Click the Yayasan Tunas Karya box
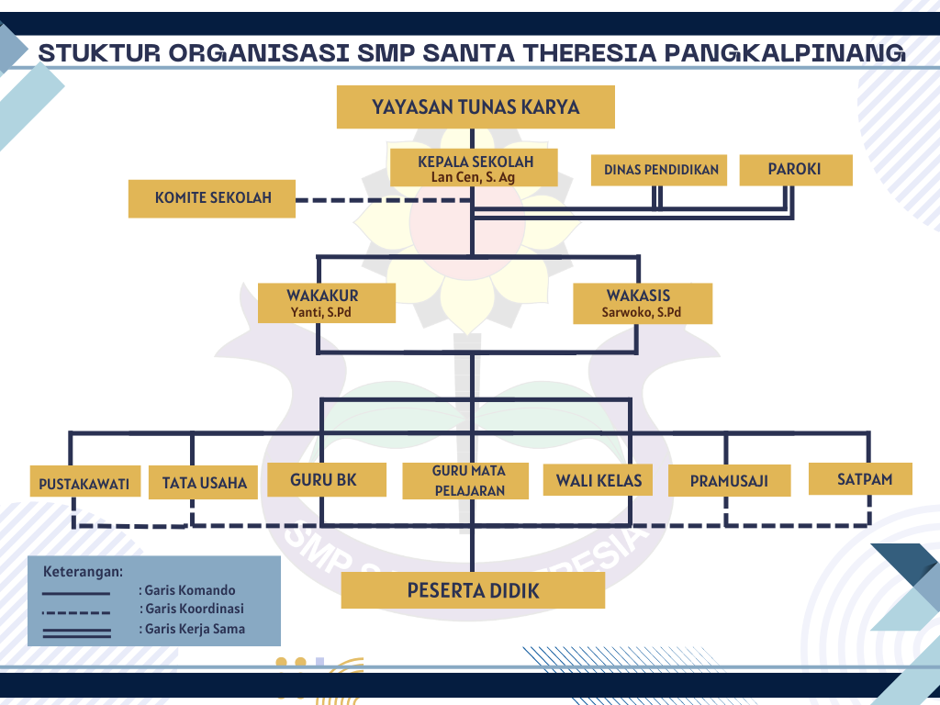476,107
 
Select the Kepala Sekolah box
476,168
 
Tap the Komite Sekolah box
212,198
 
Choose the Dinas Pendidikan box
660,170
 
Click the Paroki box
794,169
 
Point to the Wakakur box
327,303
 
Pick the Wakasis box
643,303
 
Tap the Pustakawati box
84,483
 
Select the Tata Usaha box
204,482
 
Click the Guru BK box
325,479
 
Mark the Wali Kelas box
598,479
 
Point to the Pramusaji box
729,480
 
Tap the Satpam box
863,478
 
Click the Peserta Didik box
473,590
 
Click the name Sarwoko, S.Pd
642,312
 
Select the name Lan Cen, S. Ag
475,177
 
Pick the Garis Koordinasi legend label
195,609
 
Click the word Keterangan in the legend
84,571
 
